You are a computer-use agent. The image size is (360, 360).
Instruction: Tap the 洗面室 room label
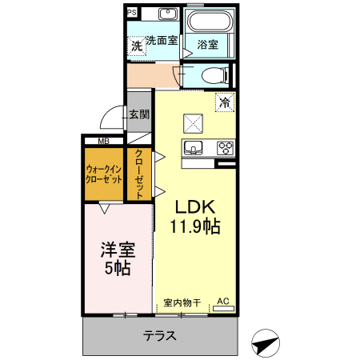coord(161,40)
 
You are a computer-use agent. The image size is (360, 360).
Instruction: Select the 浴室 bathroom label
coord(207,45)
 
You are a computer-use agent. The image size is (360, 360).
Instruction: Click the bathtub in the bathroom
coord(208,21)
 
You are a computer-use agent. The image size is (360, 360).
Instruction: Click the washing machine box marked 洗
coord(137,46)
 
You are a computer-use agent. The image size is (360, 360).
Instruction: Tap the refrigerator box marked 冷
coord(225,102)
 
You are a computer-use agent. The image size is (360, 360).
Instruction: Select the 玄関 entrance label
coord(139,114)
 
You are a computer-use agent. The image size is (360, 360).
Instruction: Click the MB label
coord(104,142)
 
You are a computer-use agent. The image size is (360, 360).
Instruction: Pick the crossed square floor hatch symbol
coord(194,122)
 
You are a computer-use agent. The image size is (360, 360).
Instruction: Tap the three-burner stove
coord(225,147)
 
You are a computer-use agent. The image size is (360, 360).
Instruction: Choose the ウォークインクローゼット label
coord(104,174)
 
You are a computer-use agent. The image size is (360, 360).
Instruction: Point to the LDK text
coord(194,206)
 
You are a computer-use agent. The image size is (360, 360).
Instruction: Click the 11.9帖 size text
coord(194,226)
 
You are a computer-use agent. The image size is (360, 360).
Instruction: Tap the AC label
coord(223,301)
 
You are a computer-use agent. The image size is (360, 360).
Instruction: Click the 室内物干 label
coord(182,302)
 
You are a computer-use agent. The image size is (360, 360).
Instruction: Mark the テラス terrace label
coord(160,336)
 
